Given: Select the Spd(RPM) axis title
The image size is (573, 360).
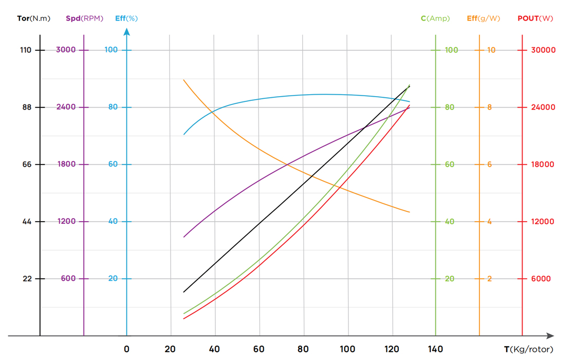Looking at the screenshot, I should [x=84, y=19].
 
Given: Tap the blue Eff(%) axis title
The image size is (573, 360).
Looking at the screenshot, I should [x=126, y=19].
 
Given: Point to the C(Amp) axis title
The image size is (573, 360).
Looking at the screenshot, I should [x=435, y=19].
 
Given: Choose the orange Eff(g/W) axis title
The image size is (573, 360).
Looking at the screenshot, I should [x=483, y=19].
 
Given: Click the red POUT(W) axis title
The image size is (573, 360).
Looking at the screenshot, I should [x=535, y=19].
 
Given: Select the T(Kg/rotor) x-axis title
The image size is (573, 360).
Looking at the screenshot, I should [x=528, y=350].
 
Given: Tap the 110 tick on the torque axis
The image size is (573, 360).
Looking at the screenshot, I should [x=26, y=50].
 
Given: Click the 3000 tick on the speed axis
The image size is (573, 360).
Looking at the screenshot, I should [x=66, y=50].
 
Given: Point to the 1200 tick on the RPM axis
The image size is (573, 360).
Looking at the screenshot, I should [x=66, y=222].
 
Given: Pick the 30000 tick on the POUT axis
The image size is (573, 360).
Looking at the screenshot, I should [x=543, y=50].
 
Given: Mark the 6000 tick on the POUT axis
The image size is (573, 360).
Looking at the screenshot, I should [x=541, y=279].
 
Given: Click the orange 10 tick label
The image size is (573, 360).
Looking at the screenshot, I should [x=491, y=50].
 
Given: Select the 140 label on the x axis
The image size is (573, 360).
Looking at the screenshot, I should [x=436, y=350].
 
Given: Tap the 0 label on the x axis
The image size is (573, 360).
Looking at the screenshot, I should [x=127, y=350].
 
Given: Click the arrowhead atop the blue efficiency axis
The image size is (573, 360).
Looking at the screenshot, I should [x=127, y=32].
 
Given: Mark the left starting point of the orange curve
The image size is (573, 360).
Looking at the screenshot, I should [x=184, y=80].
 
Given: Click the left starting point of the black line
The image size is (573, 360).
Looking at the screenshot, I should [x=184, y=292].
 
